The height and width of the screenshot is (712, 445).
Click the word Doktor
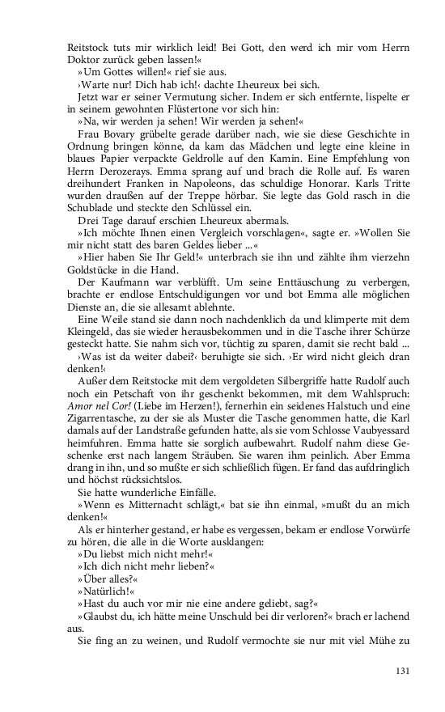coord(85,61)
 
